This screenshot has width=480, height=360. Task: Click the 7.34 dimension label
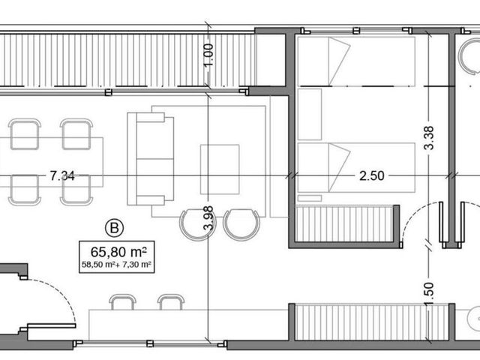tap(62, 176)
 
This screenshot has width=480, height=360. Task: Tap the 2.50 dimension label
tap(372, 176)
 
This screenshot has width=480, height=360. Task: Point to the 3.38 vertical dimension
tap(429, 138)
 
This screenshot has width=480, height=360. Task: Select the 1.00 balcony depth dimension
tap(208, 55)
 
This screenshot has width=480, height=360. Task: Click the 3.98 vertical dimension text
tap(208, 218)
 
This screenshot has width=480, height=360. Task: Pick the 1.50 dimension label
tap(429, 293)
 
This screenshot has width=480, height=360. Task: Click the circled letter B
tap(114, 228)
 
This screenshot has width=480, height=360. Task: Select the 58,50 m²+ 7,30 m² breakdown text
tap(117, 265)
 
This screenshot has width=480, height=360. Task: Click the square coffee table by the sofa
tap(220, 169)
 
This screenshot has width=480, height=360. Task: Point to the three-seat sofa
tap(151, 159)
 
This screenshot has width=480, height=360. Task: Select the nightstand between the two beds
tap(310, 115)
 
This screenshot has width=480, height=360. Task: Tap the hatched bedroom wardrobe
tap(344, 224)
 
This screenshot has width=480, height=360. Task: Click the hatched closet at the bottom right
tap(372, 322)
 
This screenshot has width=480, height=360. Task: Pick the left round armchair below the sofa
tap(198, 225)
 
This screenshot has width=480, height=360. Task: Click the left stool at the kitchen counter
tap(122, 302)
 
